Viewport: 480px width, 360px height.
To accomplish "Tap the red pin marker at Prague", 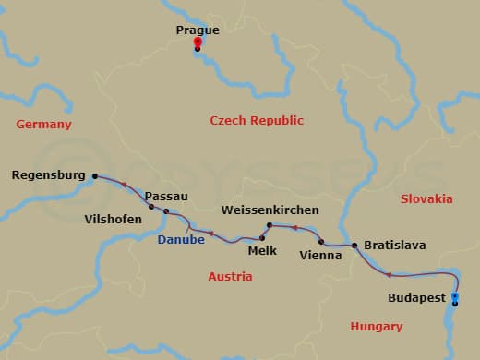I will (x=197, y=43).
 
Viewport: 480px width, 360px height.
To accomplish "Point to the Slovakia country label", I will (x=426, y=198).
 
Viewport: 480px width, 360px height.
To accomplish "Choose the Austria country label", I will (x=230, y=276).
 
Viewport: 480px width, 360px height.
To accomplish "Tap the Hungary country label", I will (x=377, y=326).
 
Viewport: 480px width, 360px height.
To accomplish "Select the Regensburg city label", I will (x=49, y=174).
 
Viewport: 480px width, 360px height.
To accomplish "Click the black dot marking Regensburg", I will (x=94, y=174).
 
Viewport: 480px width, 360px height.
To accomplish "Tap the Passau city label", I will (x=166, y=197).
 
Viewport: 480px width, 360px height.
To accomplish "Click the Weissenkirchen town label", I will (x=270, y=210).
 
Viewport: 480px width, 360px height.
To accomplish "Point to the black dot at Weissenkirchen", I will (x=269, y=225).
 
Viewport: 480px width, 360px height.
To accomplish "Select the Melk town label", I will (x=263, y=249).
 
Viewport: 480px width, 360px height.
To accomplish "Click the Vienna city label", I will (x=321, y=255).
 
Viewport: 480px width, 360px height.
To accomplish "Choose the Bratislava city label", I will (x=394, y=246).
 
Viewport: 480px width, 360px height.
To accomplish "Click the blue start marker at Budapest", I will (x=454, y=296).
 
